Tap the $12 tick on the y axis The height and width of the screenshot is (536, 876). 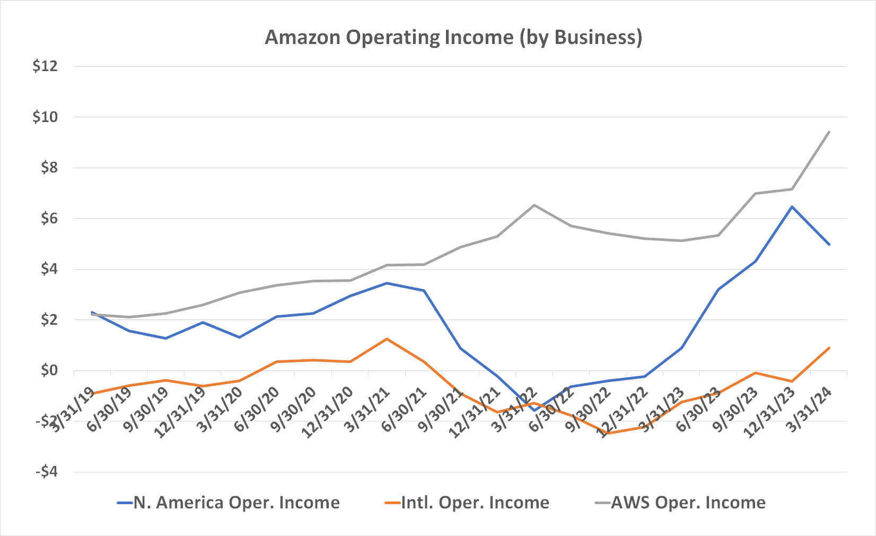[45, 66]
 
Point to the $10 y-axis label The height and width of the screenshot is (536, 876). [45, 117]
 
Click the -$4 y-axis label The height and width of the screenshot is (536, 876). [46, 472]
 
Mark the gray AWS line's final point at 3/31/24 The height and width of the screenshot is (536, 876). [829, 132]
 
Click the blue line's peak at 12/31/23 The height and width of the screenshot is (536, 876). [792, 207]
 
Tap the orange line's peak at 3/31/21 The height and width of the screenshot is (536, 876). [387, 339]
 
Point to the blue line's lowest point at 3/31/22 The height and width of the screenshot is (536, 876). [535, 410]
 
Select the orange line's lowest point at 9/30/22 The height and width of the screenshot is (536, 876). [608, 434]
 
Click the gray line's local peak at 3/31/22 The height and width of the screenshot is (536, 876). [535, 205]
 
